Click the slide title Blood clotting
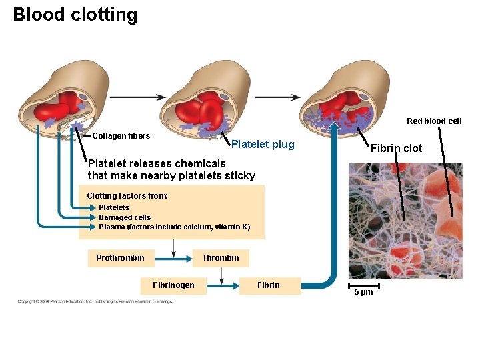pyautogui.click(x=75, y=15)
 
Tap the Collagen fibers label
pyautogui.click(x=121, y=136)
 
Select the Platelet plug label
pyautogui.click(x=262, y=145)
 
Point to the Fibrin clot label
pyautogui.click(x=396, y=148)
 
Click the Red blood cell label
pyautogui.click(x=434, y=121)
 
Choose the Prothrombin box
pyautogui.click(x=120, y=258)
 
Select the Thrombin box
pyautogui.click(x=221, y=258)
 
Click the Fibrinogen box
pyautogui.click(x=173, y=285)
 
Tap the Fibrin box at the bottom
pyautogui.click(x=269, y=285)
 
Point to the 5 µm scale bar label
pyautogui.click(x=363, y=293)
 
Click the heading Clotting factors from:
pyautogui.click(x=127, y=196)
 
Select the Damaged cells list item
pyautogui.click(x=125, y=217)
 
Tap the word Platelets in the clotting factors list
pyautogui.click(x=114, y=207)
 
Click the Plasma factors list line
pyautogui.click(x=174, y=227)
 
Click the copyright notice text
pyautogui.click(x=95, y=301)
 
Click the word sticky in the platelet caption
pyautogui.click(x=241, y=176)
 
